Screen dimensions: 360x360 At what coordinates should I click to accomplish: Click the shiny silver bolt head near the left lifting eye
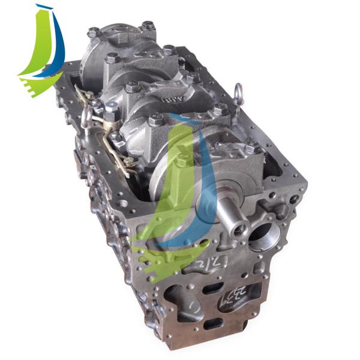[x=110, y=110]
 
